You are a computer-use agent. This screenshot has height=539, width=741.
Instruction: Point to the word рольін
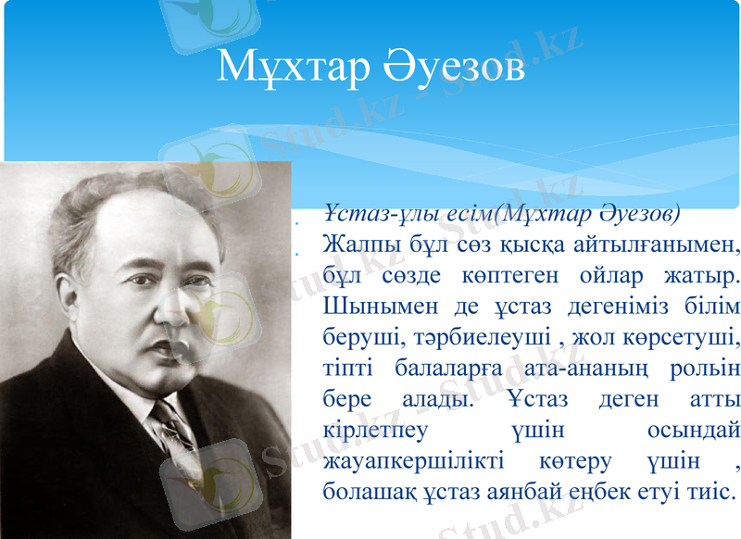coord(708,369)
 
